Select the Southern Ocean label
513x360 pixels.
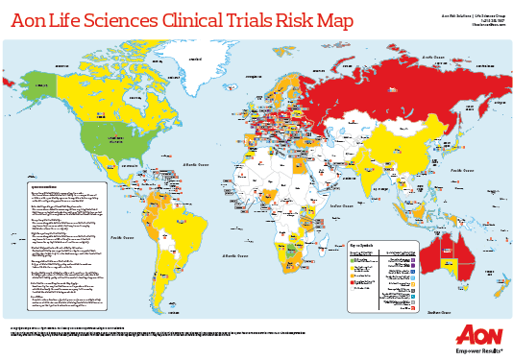[439, 312]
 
